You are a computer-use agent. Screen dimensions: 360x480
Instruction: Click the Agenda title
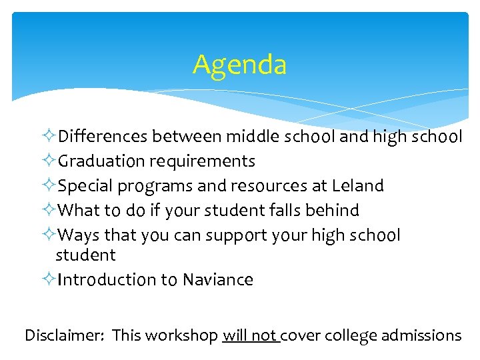tap(240, 65)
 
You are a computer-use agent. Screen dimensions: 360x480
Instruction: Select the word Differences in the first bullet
tap(103, 137)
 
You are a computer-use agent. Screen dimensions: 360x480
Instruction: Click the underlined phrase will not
tap(250, 335)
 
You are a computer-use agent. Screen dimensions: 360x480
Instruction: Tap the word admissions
tap(422, 335)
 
